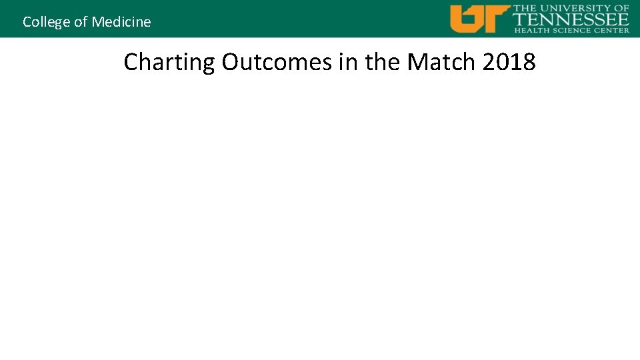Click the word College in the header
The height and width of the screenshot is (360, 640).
coord(47,22)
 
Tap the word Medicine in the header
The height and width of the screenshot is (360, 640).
coord(121,22)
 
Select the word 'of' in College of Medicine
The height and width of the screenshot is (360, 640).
coord(81,22)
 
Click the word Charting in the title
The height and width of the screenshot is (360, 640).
coord(169,62)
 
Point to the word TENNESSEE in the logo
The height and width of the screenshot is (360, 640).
coord(571,19)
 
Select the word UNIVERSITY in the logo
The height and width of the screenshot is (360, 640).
coord(575,8)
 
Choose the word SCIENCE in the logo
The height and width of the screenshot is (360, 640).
coord(571,30)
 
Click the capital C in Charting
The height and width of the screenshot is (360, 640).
coord(131,62)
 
